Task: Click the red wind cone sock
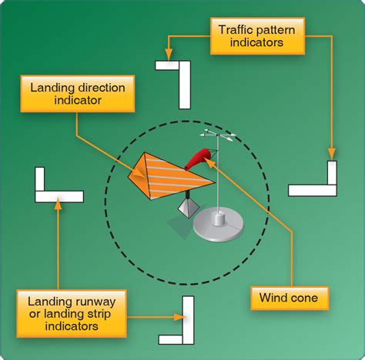[198, 158]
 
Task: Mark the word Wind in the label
[275, 298]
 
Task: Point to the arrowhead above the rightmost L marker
[331, 156]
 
